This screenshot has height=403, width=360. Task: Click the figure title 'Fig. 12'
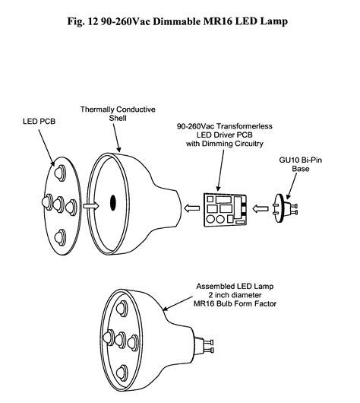click(x=81, y=21)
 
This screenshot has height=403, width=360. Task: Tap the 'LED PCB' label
click(x=39, y=122)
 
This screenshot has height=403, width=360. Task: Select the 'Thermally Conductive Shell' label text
click(x=118, y=113)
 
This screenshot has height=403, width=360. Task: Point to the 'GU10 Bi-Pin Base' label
click(x=301, y=164)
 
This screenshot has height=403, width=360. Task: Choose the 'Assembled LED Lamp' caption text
click(x=235, y=287)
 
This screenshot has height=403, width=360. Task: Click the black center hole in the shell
click(x=113, y=203)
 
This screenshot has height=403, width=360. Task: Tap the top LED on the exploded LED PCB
click(x=60, y=173)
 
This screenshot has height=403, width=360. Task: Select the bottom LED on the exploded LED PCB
click(x=60, y=237)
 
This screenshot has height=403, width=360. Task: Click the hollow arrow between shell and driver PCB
click(x=192, y=208)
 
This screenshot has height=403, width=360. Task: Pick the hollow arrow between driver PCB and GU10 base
click(x=261, y=208)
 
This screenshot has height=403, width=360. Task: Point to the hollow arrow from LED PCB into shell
click(x=90, y=206)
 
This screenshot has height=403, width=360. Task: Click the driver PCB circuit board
click(x=226, y=210)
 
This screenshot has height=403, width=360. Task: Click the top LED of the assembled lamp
click(x=122, y=308)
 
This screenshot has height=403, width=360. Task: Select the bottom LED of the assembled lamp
click(x=122, y=373)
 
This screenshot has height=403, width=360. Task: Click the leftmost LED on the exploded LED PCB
click(x=47, y=202)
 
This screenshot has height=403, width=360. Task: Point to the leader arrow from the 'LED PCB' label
click(x=46, y=148)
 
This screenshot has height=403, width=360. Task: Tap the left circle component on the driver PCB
click(x=211, y=219)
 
